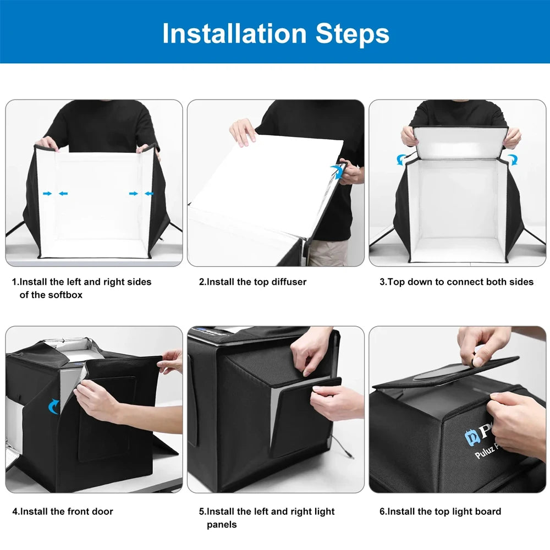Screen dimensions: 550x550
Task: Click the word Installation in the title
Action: click(x=234, y=34)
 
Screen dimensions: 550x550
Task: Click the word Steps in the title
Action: click(x=352, y=34)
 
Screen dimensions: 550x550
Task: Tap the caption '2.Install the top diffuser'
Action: click(x=252, y=282)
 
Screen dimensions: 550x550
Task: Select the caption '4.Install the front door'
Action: click(x=63, y=512)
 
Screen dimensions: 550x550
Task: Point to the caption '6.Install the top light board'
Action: click(x=440, y=512)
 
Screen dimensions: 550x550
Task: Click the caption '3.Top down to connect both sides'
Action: click(x=457, y=282)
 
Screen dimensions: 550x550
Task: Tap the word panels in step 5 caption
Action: click(x=222, y=524)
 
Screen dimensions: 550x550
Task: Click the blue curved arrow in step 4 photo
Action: click(x=53, y=406)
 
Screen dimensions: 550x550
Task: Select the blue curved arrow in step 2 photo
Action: click(x=338, y=172)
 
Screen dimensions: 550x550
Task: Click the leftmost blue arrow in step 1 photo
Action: click(x=47, y=193)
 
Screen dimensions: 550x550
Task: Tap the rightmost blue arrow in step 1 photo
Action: click(x=149, y=193)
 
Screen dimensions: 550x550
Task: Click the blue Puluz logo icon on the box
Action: click(x=471, y=437)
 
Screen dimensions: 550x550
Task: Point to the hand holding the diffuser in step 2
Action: click(x=243, y=133)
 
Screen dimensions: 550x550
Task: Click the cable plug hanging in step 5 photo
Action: click(x=349, y=455)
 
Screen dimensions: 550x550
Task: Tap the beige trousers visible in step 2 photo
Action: click(x=328, y=252)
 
